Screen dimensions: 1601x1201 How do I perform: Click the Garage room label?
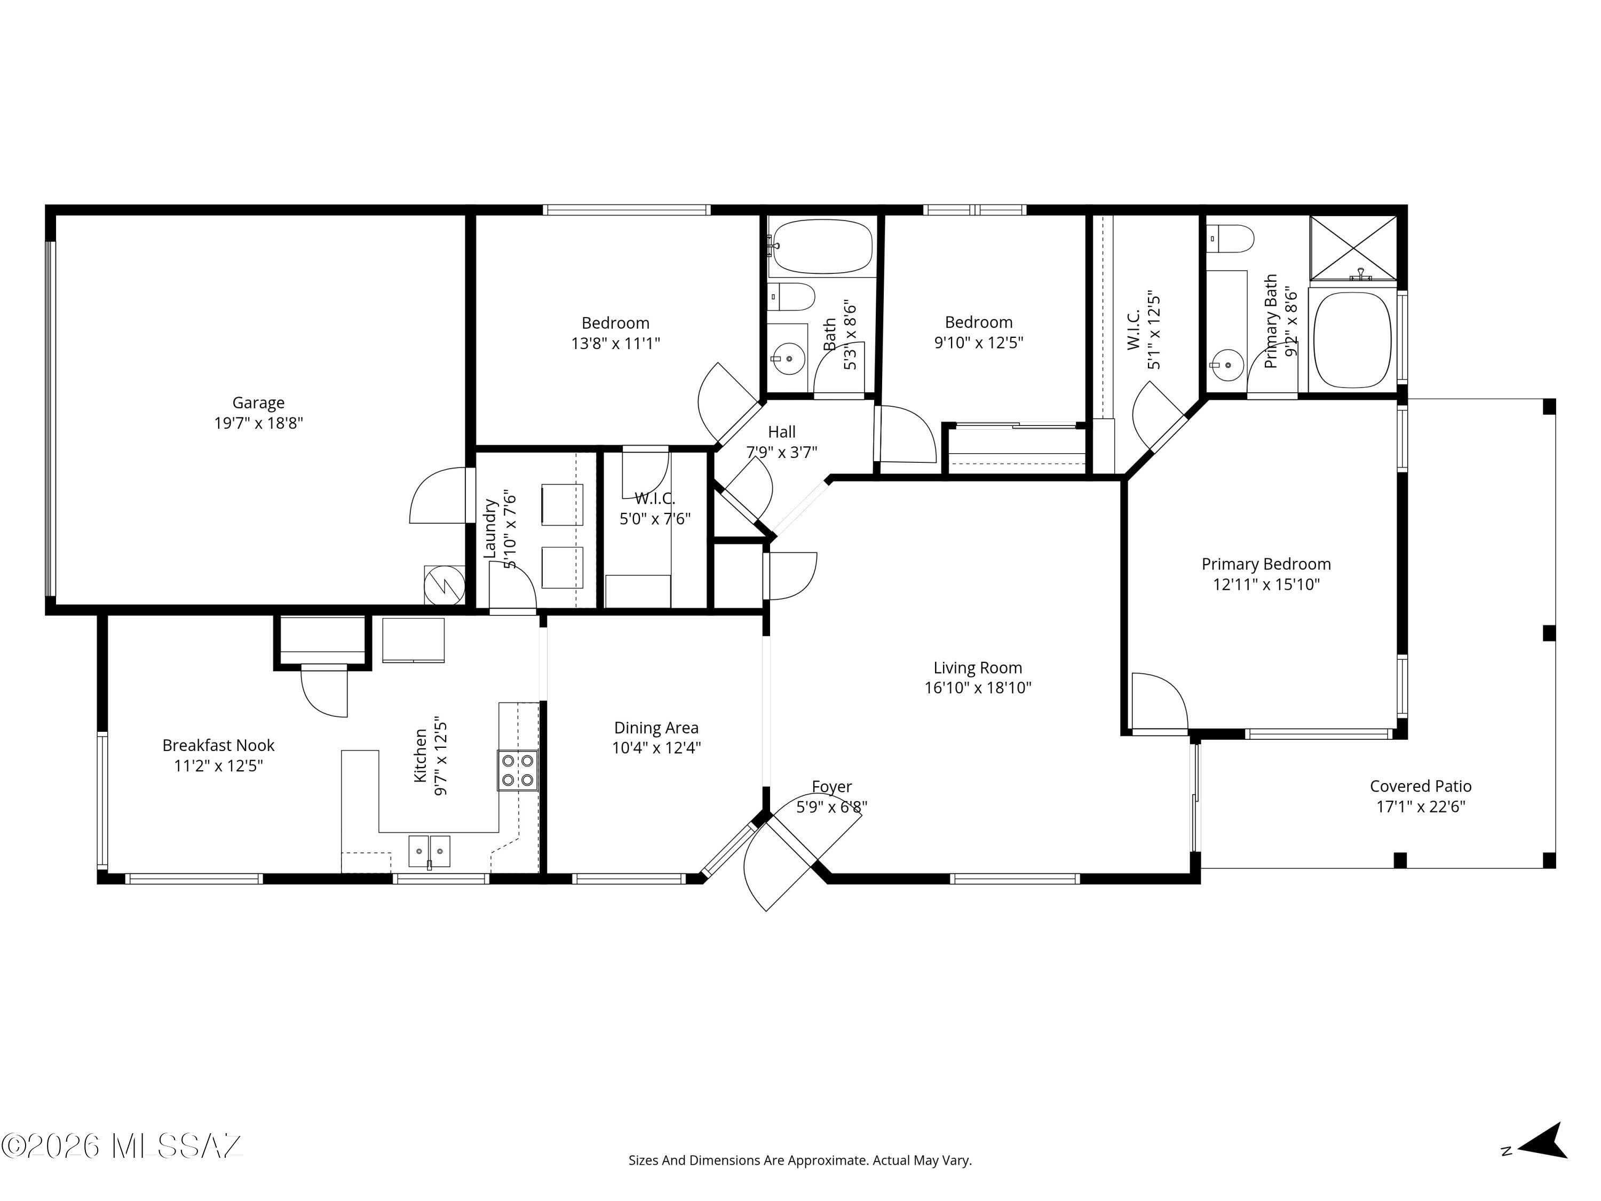pyautogui.click(x=258, y=402)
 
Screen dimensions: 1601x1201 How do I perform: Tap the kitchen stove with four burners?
pyautogui.click(x=518, y=770)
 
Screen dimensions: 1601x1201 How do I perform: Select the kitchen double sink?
pyautogui.click(x=429, y=851)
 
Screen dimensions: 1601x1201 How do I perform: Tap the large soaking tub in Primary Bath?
pyautogui.click(x=1352, y=339)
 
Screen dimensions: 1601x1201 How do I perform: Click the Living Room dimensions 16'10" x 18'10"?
pyautogui.click(x=978, y=688)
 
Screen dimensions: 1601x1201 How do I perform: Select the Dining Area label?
pyautogui.click(x=656, y=728)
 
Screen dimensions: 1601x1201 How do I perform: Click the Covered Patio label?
pyautogui.click(x=1421, y=786)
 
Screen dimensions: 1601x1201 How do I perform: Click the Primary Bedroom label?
pyautogui.click(x=1266, y=565)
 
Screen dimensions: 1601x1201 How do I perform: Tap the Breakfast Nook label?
pyautogui.click(x=219, y=745)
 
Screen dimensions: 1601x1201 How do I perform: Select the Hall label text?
pyautogui.click(x=782, y=432)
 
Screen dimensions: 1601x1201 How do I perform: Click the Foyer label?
pyautogui.click(x=831, y=786)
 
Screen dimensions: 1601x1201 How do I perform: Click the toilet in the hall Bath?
pyautogui.click(x=791, y=297)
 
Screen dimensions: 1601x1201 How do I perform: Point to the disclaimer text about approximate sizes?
pyautogui.click(x=800, y=1160)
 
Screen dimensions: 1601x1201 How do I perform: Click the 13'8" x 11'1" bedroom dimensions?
pyautogui.click(x=616, y=343)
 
